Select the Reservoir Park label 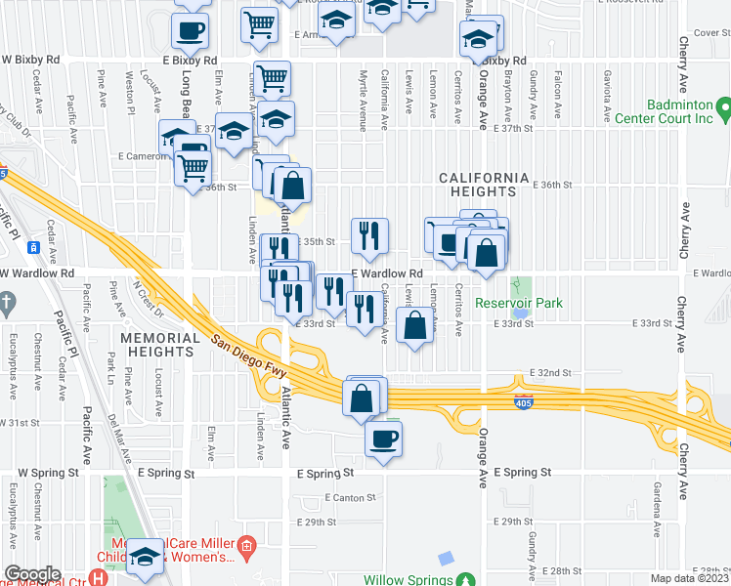[519, 303]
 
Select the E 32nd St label [549, 373]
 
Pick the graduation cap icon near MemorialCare [146, 558]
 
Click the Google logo [32, 574]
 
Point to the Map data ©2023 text [687, 578]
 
